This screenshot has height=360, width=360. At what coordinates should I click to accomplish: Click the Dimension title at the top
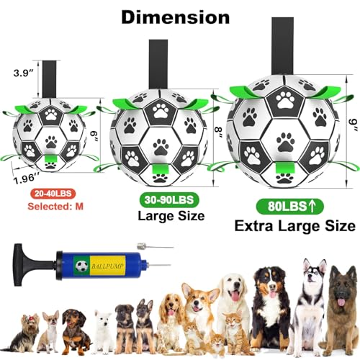click(176, 17)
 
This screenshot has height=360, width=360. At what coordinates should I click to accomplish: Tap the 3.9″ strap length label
click(23, 73)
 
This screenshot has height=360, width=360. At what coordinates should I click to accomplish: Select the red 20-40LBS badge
click(53, 194)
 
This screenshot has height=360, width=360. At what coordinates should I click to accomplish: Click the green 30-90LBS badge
click(169, 200)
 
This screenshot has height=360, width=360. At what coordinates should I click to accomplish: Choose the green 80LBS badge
click(290, 206)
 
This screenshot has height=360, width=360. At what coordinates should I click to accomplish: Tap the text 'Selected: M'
click(55, 207)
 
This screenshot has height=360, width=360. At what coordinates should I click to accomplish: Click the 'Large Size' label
click(171, 216)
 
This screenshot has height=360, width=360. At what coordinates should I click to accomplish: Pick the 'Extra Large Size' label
click(295, 226)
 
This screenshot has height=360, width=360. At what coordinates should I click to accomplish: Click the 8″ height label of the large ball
click(218, 132)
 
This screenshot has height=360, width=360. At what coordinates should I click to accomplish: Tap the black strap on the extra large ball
click(282, 46)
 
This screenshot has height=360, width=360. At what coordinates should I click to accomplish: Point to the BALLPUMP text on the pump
click(108, 266)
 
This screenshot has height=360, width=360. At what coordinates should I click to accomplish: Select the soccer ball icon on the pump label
click(81, 266)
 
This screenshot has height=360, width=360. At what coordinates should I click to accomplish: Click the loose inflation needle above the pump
click(155, 246)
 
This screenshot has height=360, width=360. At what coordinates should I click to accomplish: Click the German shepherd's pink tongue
click(341, 302)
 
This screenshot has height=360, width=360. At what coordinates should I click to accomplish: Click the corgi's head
click(199, 298)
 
